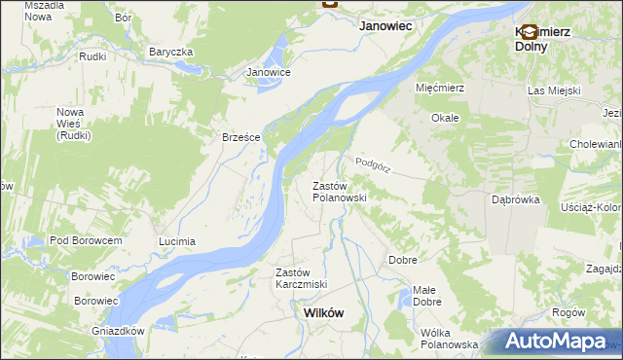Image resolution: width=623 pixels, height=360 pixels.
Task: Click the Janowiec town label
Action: pyautogui.click(x=389, y=28)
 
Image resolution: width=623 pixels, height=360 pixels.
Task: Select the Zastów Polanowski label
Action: pyautogui.click(x=338, y=192)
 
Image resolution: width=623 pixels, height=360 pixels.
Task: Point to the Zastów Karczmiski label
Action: pyautogui.click(x=301, y=278)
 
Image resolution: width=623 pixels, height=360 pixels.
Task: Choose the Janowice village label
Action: pyautogui.click(x=269, y=72)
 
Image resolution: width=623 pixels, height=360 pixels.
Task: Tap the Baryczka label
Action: pyautogui.click(x=171, y=52)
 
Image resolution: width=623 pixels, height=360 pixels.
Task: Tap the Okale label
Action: pyautogui.click(x=446, y=118)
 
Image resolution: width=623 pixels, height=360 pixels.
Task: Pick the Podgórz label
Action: pyautogui.click(x=373, y=166)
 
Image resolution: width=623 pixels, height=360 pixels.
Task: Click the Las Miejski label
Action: pyautogui.click(x=554, y=90)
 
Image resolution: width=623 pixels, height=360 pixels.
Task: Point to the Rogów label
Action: pyautogui.click(x=568, y=312)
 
